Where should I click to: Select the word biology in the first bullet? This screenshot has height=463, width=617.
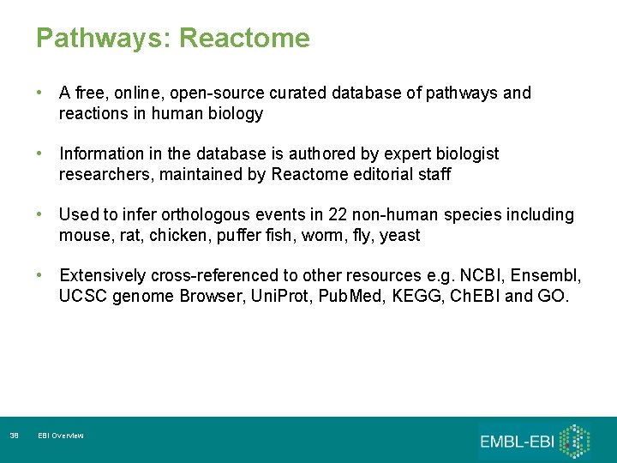coord(236,113)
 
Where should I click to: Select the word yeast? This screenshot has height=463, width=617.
coord(399,235)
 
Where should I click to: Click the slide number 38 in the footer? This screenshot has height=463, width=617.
coord(14,436)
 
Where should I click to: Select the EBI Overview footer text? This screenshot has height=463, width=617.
coord(61,436)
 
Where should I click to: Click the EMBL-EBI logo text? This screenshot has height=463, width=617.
coord(516,442)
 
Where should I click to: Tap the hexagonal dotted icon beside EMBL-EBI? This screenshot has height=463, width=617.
coord(576,440)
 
